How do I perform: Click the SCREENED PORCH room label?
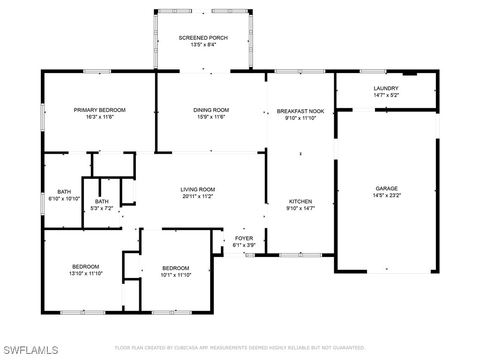pos(203,38)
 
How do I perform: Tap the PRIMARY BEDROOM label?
pos(100,110)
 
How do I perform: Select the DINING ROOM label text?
pos(211,110)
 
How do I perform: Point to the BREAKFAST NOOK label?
pos(300,112)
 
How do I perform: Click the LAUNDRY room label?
pos(386,89)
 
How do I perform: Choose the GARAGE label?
pos(387,188)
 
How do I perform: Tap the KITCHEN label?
pos(300,202)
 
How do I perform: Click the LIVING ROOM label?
pos(198,190)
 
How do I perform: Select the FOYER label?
pos(244,239)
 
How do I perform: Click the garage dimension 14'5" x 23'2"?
pos(387,195)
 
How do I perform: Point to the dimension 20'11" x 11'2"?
pos(198,196)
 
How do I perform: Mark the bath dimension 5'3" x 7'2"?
pos(102,209)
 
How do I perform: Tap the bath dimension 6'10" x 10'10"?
pos(64,199)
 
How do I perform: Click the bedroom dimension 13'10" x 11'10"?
pos(86,273)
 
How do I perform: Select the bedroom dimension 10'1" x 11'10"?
pos(176,275)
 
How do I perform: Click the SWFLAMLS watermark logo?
pos(30,350)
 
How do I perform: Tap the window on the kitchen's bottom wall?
pos(300,255)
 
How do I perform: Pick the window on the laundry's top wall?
pos(373,72)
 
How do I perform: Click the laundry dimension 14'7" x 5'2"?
pos(386,95)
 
